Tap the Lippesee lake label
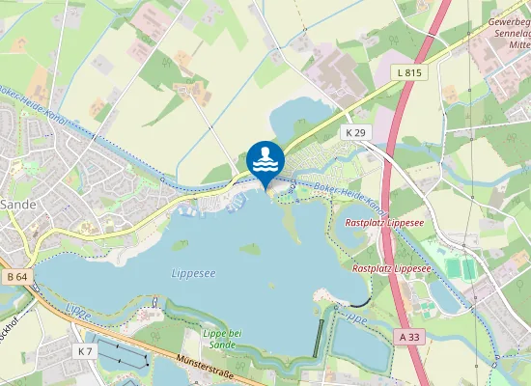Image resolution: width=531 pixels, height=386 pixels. [x=193, y=274]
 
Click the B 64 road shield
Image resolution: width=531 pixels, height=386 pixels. [x=16, y=277]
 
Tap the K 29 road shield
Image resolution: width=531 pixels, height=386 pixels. [x=355, y=130]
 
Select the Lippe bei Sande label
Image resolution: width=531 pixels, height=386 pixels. [x=224, y=338]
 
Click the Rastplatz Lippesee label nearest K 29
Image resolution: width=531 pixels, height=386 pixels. [x=384, y=222]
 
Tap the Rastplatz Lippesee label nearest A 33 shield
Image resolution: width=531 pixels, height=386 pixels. [x=390, y=267]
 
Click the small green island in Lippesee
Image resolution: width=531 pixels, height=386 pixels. [x=250, y=248]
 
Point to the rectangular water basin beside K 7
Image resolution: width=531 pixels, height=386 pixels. [x=121, y=354]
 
